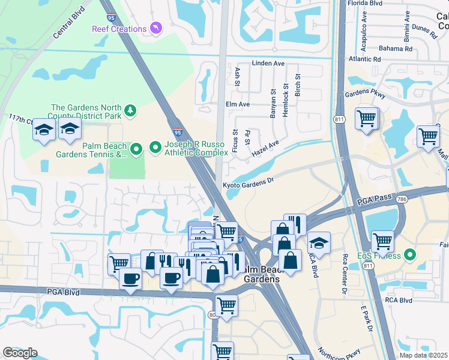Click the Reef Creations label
119,29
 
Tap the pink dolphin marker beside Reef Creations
156,28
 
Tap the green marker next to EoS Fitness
410,256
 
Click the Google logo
20,353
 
